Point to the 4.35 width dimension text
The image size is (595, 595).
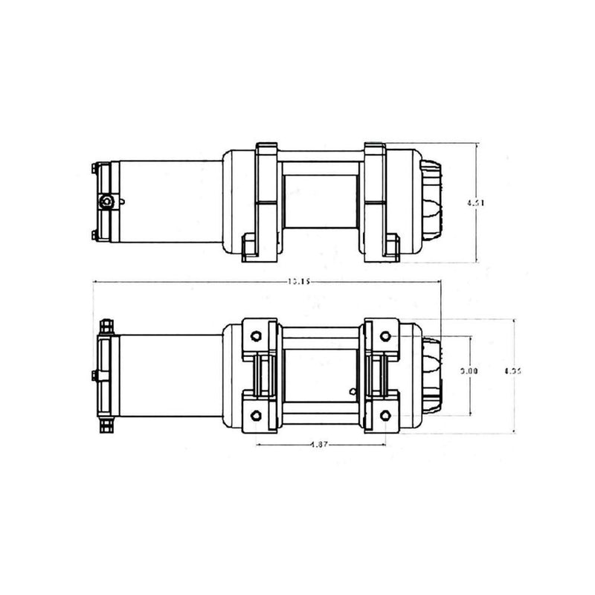[512, 370]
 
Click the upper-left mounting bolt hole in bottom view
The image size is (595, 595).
[257, 334]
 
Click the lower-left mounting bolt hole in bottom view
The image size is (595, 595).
[257, 414]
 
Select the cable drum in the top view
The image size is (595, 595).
[321, 201]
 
